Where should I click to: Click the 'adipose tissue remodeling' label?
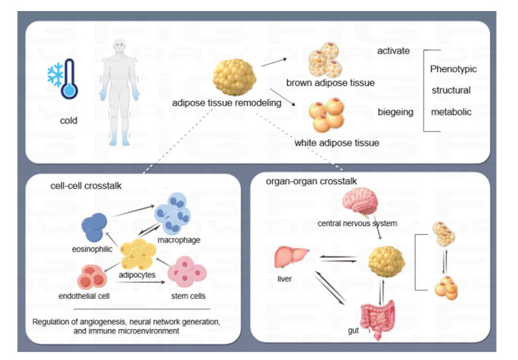click(x=227, y=104)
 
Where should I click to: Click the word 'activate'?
click(x=393, y=52)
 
